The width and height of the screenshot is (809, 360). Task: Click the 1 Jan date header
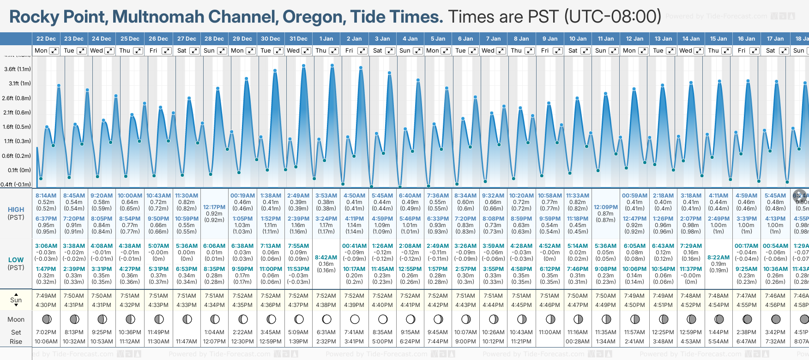coord(326,39)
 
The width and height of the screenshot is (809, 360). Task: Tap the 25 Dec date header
coord(130,39)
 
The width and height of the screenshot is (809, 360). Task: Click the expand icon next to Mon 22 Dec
coord(54,51)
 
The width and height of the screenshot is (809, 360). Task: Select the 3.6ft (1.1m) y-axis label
coord(18,69)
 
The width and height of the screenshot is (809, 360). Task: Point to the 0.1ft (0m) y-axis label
coord(19,170)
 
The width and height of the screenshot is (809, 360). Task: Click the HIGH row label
coord(16,210)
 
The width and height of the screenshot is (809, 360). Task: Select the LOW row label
coord(16,260)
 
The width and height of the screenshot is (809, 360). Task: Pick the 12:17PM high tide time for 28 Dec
coord(214,207)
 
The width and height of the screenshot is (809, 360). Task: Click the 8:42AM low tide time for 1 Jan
coord(326,258)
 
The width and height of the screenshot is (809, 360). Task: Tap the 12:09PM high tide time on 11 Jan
coord(605,207)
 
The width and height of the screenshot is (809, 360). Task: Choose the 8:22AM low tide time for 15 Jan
coord(718,258)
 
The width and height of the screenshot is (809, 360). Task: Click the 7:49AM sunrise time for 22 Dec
coord(46,296)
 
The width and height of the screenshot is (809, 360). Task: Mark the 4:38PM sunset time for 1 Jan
coord(326,305)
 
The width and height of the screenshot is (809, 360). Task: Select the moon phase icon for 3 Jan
coord(382,319)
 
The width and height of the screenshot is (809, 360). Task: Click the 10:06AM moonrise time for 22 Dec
coord(46,342)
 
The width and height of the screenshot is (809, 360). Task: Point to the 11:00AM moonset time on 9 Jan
coord(549,332)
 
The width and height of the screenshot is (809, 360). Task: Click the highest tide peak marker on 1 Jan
coord(332,65)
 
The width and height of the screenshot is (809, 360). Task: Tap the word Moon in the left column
coord(16,319)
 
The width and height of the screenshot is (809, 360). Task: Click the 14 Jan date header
coord(691,39)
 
